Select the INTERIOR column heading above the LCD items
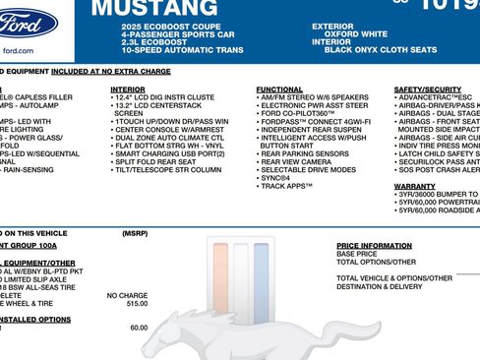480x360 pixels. pos(128,90)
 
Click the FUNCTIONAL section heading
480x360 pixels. pos(279,90)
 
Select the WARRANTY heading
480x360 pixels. pos(414,185)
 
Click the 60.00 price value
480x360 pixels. pos(138,328)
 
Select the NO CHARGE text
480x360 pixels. pos(127,295)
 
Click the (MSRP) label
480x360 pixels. pos(135,233)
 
